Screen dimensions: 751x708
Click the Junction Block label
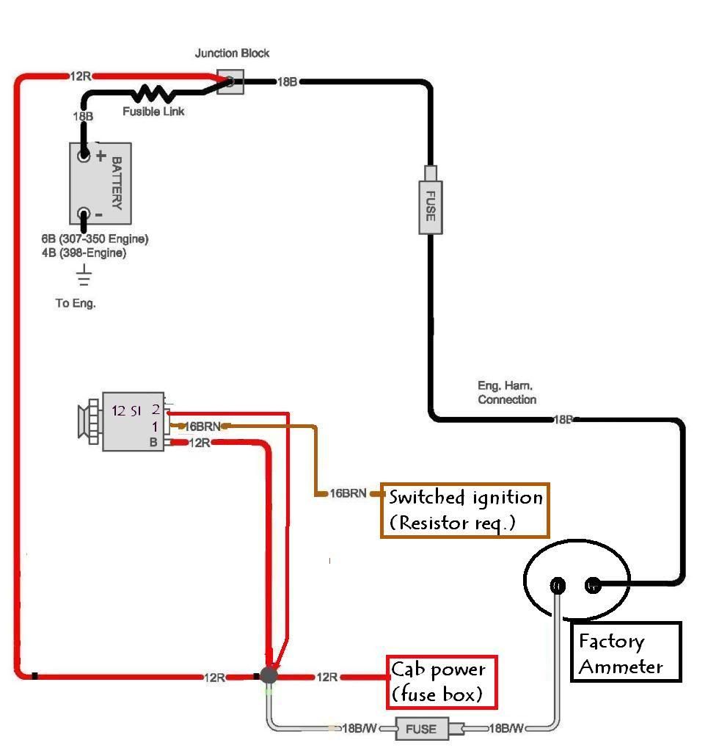pyautogui.click(x=232, y=53)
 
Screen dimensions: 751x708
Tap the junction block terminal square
pyautogui.click(x=229, y=81)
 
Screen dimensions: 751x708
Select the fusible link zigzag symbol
pyautogui.click(x=153, y=93)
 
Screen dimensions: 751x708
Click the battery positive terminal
pyautogui.click(x=84, y=156)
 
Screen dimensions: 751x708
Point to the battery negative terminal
pyautogui.click(x=84, y=214)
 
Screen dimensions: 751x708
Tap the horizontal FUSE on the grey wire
pyautogui.click(x=421, y=729)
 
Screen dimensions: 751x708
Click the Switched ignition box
pyautogui.click(x=464, y=509)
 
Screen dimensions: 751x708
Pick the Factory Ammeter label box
pyautogui.click(x=625, y=652)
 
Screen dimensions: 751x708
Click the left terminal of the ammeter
pyautogui.click(x=558, y=585)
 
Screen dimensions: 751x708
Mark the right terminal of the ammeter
pyautogui.click(x=593, y=585)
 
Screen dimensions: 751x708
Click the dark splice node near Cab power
pyautogui.click(x=269, y=675)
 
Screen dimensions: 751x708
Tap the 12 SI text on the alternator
pyautogui.click(x=127, y=411)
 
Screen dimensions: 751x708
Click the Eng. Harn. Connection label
pyautogui.click(x=507, y=393)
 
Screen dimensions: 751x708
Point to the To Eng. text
pyautogui.click(x=76, y=302)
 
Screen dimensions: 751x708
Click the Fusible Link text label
pyautogui.click(x=153, y=112)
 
